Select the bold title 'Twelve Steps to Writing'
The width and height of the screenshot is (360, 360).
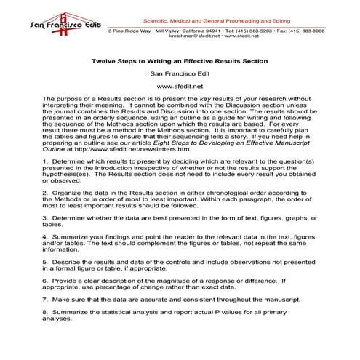(138, 61)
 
